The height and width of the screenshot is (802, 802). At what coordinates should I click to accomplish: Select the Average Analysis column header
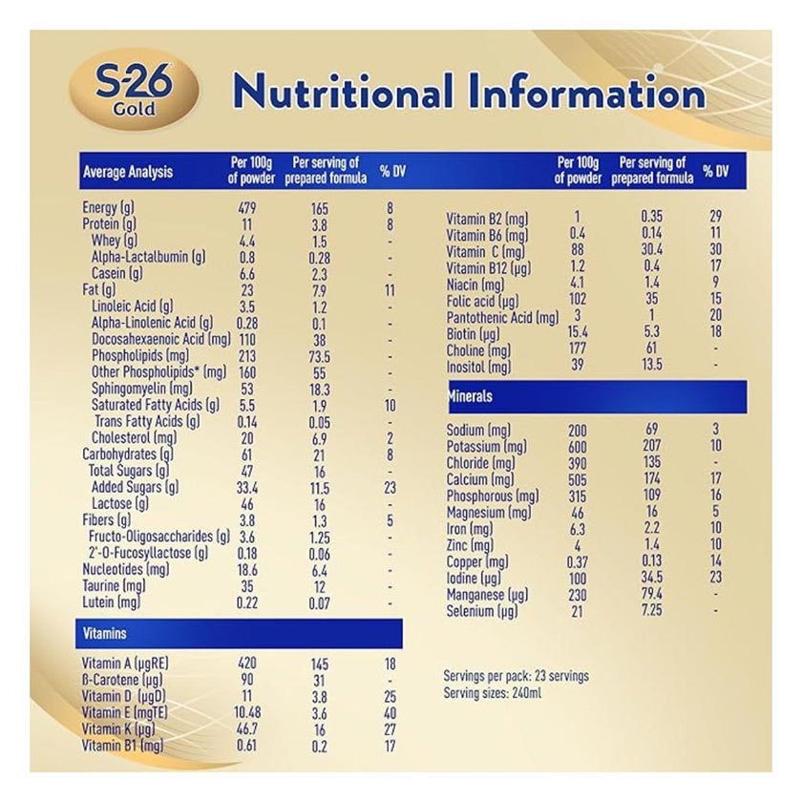(128, 172)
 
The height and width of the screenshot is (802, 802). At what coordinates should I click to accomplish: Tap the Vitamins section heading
(104, 633)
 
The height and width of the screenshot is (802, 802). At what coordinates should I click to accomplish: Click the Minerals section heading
(472, 395)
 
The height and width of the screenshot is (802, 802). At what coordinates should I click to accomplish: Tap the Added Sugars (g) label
(134, 486)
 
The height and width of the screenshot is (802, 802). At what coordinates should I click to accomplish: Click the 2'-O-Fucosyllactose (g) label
(148, 553)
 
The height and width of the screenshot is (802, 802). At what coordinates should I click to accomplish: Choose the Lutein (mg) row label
(113, 602)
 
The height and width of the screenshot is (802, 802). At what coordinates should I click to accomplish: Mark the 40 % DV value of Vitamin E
(390, 712)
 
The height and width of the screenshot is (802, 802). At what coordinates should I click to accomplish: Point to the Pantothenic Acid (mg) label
(502, 317)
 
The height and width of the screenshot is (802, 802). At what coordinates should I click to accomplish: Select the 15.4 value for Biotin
(578, 333)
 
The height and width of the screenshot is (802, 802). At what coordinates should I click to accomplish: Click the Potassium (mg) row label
(487, 447)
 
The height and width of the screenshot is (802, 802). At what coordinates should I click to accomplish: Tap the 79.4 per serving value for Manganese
(654, 594)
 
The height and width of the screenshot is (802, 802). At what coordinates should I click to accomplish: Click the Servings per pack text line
(516, 676)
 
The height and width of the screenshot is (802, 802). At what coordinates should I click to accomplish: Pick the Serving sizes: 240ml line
(492, 692)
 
